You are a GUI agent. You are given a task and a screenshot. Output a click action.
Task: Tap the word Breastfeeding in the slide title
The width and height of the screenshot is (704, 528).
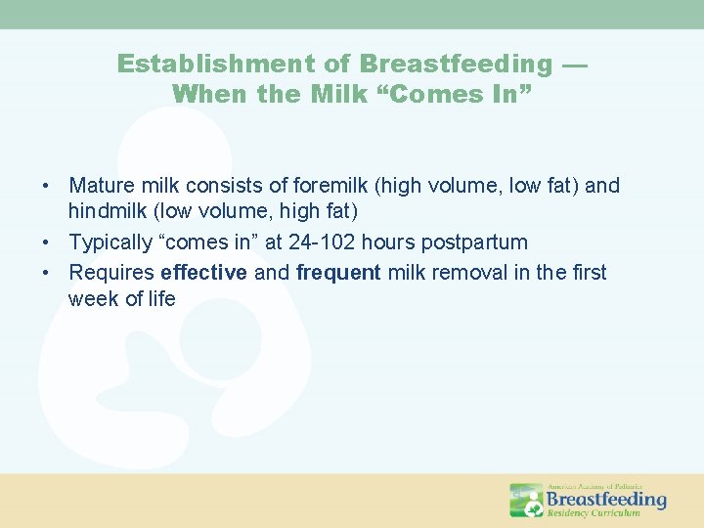(456, 65)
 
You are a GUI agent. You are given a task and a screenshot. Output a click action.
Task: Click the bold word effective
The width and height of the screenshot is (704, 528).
(203, 272)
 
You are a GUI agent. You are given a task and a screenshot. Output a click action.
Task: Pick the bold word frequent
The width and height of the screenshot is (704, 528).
(338, 272)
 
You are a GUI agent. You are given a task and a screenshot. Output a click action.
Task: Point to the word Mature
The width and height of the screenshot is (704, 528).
(102, 186)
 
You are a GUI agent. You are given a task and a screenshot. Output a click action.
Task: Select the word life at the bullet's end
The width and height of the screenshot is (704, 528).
(159, 299)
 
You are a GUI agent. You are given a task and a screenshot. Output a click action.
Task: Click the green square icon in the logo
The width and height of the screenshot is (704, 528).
(526, 500)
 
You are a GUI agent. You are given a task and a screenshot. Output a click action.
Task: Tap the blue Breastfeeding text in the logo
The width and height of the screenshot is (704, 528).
(605, 499)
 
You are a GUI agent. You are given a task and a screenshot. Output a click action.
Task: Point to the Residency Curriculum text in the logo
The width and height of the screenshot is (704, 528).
(594, 512)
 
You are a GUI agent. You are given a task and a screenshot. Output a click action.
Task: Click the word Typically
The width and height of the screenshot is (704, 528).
(110, 242)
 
